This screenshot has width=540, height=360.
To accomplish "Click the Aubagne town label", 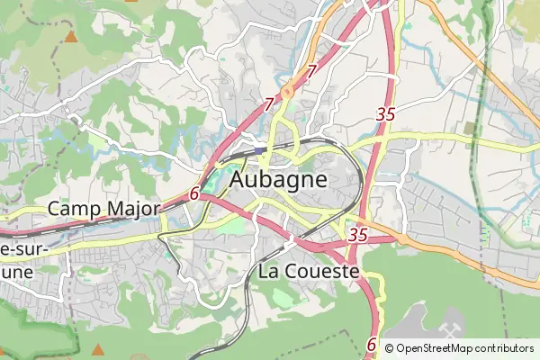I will (279, 179).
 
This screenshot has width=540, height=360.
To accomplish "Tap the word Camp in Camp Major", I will (75, 209).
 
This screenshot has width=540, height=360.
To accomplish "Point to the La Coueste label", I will (309, 270).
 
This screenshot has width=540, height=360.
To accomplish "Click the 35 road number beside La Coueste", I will (358, 235).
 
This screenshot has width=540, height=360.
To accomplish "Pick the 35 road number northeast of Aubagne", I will (386, 114).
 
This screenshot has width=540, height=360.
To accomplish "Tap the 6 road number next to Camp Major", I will (194, 193).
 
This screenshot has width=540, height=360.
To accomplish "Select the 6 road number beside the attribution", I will (372, 344).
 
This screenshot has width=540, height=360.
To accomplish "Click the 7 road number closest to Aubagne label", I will (269, 105).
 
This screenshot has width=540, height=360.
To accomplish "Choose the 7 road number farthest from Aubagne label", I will (311, 71).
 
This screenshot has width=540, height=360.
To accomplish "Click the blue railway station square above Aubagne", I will (260, 150).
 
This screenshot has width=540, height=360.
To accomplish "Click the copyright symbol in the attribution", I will (389, 348).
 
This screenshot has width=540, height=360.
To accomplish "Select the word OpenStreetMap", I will (435, 348).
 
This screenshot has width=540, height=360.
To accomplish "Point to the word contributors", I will (504, 348).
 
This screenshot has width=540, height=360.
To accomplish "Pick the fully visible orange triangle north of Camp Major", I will (70, 37).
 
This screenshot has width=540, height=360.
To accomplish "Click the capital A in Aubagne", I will (240, 179).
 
